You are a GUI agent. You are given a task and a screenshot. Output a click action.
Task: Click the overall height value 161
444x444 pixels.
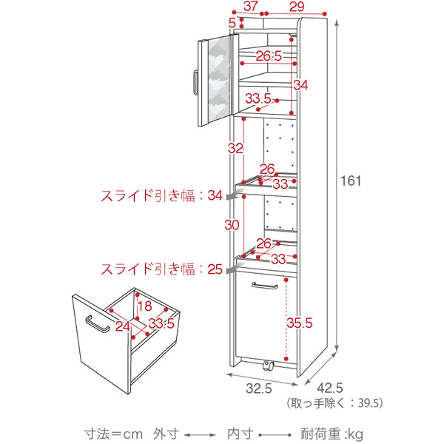[x=351, y=180]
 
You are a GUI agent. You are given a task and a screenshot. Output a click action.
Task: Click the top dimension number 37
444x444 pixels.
[x=250, y=7]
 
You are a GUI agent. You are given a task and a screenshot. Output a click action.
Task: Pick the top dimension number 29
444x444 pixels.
[x=297, y=7]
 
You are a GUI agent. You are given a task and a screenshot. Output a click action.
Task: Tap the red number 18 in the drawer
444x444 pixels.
[x=143, y=307]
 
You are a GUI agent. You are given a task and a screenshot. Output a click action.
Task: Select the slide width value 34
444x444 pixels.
[x=215, y=195]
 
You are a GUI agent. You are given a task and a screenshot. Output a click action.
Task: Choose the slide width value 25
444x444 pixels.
[x=215, y=269]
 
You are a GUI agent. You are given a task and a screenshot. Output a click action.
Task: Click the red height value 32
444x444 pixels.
[x=235, y=148]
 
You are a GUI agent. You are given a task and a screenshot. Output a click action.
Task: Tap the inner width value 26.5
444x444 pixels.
[x=269, y=56]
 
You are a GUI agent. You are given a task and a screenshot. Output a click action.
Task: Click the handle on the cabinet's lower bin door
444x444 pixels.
[x=264, y=285]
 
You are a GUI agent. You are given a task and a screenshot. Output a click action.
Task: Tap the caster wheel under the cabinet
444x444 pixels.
[x=267, y=366]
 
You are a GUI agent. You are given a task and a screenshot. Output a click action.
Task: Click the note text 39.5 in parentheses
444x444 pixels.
[x=369, y=403]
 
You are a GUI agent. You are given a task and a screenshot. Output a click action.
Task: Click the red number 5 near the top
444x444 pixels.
[x=233, y=24]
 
